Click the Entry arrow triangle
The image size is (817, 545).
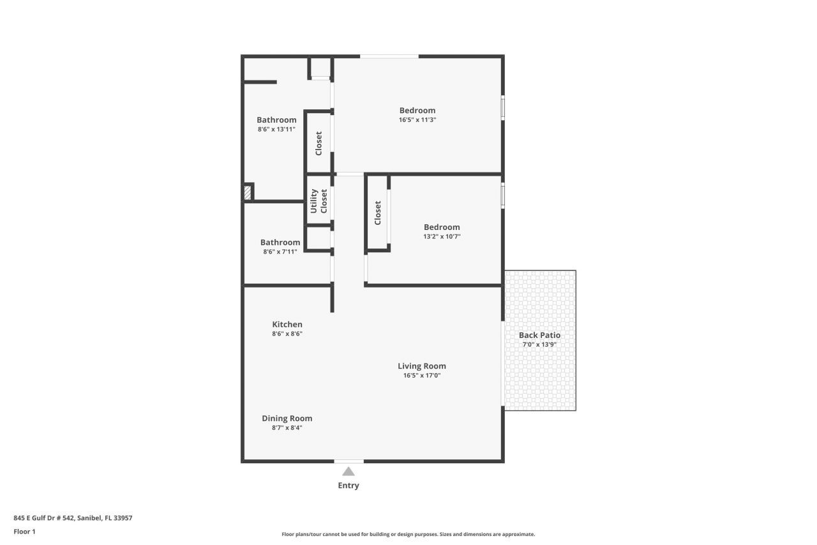coord(349,472)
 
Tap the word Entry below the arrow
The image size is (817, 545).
coord(349,486)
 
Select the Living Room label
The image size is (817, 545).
coord(422,366)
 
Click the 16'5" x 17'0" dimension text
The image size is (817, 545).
coord(422,376)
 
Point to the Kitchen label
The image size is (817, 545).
coord(287,325)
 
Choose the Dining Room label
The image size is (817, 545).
coord(287,418)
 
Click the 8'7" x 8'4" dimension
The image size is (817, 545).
coord(287,428)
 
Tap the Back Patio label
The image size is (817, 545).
coord(539,335)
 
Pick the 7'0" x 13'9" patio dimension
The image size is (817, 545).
coord(539,344)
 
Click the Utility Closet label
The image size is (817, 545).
coord(319,201)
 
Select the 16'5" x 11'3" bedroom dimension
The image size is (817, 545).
coord(417,119)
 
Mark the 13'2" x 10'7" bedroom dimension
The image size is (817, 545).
coord(442,236)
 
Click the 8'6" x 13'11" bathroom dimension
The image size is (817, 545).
coord(276,129)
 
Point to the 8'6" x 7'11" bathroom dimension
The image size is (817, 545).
coord(280,252)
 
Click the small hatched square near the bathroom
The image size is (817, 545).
coord(248,192)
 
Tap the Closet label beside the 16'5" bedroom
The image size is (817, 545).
coord(319,143)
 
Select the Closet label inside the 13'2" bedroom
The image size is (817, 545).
coord(378,213)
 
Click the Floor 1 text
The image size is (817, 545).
coord(24,531)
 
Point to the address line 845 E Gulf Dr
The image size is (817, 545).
coord(73,518)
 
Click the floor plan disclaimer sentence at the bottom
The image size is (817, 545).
coord(408,534)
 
